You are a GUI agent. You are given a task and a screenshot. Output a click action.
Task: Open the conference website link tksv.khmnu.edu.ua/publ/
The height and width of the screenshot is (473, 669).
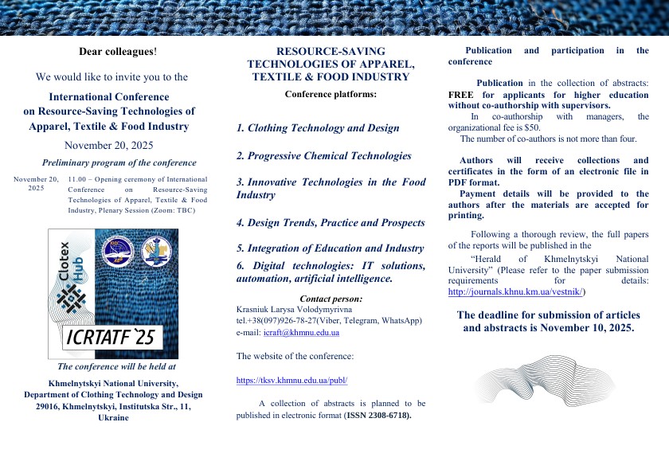coord(291,381)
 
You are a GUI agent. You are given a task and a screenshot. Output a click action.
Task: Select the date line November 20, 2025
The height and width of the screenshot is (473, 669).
coord(108,145)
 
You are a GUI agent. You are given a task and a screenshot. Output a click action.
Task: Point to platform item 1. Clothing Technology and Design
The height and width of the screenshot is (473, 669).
coord(318,127)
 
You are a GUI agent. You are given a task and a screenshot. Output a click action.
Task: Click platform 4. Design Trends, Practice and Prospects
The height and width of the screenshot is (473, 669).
coord(331,223)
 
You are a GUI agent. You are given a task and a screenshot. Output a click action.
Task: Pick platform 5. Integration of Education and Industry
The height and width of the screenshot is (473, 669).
coord(330,248)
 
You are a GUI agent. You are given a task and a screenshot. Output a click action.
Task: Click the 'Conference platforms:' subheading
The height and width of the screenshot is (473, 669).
coord(331,94)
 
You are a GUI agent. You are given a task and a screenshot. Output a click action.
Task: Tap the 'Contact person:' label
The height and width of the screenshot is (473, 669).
coord(331,299)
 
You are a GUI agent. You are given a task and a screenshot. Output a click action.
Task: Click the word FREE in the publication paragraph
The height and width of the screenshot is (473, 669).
coord(461,94)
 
